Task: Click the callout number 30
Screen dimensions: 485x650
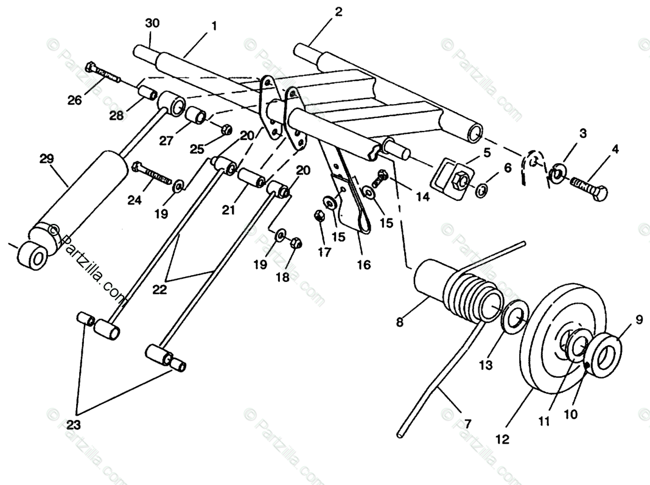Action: tap(152, 23)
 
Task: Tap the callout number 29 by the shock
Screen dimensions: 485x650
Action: tap(47, 159)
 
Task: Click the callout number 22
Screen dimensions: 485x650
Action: tap(159, 290)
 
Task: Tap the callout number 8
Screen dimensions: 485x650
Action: tap(400, 323)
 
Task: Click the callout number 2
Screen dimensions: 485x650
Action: tap(338, 12)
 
